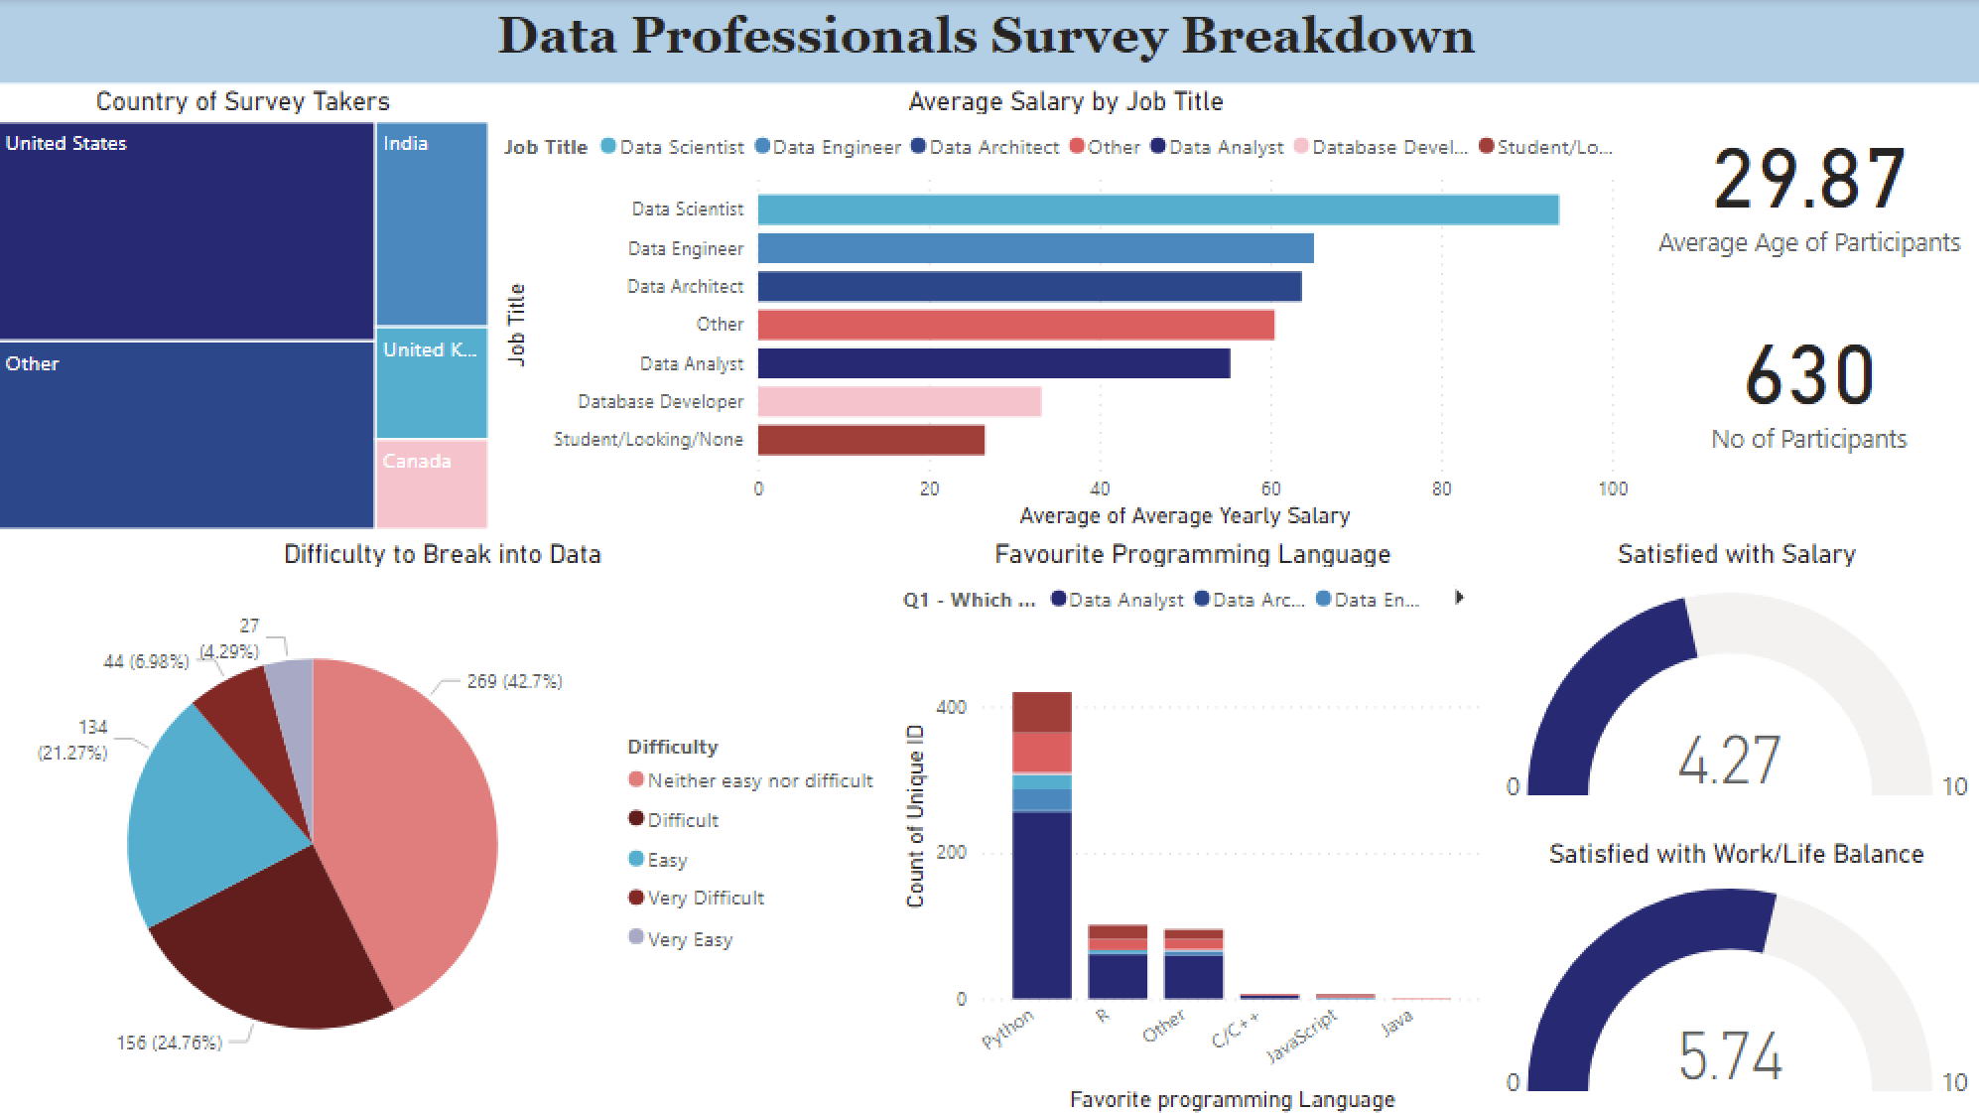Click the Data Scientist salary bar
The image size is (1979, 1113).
click(x=1157, y=209)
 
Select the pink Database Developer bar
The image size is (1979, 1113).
click(x=899, y=401)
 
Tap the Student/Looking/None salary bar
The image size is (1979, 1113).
click(x=870, y=440)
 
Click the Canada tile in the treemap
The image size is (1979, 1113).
click(x=431, y=484)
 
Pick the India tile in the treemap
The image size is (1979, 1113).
click(x=431, y=224)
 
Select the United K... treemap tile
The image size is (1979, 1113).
click(x=431, y=382)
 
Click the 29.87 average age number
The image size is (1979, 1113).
click(x=1808, y=180)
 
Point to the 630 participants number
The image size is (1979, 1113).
click(x=1808, y=376)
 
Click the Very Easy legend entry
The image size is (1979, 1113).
click(x=689, y=939)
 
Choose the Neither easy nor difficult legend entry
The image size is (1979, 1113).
click(x=759, y=781)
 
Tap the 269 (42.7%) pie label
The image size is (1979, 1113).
click(x=514, y=682)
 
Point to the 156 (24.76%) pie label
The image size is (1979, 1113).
click(x=169, y=1043)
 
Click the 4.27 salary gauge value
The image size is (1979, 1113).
click(x=1729, y=762)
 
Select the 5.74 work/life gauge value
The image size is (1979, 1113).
click(x=1729, y=1055)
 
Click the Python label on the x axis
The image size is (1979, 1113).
click(x=1008, y=1029)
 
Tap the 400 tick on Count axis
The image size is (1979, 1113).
click(x=951, y=707)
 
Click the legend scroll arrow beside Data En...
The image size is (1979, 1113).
click(x=1459, y=598)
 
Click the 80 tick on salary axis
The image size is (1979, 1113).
click(x=1441, y=488)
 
